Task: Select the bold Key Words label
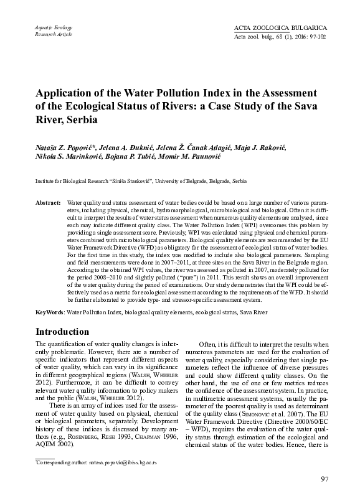(x=49, y=310)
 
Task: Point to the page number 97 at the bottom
(x=324, y=479)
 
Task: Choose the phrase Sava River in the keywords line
(x=255, y=310)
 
